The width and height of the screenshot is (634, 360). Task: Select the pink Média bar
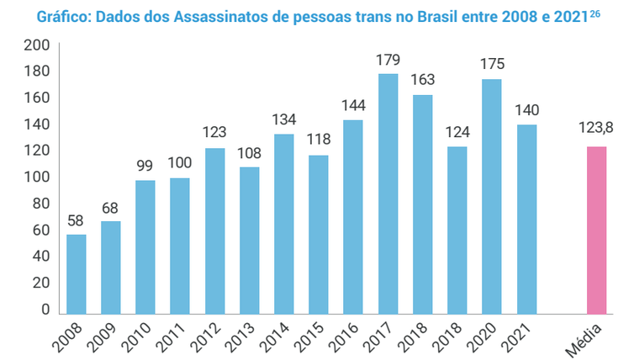coord(595,230)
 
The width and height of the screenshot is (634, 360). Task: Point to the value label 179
coord(388,60)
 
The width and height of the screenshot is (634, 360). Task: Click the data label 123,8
coord(596,130)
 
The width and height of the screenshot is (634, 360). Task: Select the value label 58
coord(76,221)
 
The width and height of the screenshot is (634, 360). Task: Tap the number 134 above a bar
coord(283,119)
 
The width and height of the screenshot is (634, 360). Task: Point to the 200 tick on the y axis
coord(34,45)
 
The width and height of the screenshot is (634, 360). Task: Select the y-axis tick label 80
coord(37,204)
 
